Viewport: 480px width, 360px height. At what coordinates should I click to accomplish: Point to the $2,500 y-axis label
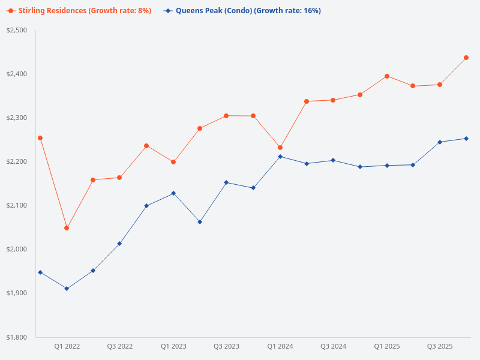coord(17,30)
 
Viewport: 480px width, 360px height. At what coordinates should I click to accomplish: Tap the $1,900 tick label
coord(17,293)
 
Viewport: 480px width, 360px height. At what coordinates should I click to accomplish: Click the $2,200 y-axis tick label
coord(17,161)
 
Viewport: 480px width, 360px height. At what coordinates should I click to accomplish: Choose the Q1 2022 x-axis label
coord(67,346)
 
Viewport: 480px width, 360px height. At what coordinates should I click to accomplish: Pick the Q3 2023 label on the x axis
coord(226,346)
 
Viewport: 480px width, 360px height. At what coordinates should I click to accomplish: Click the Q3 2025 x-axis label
coord(440,346)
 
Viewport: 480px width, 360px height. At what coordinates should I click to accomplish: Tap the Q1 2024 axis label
coord(280,346)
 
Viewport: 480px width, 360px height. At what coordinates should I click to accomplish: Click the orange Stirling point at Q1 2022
coord(67,228)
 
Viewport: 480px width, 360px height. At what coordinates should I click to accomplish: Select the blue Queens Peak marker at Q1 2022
coord(67,289)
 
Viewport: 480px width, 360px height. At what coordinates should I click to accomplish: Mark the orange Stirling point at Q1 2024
coord(280,148)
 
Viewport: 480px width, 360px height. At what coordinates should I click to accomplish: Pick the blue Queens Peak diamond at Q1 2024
coord(280,157)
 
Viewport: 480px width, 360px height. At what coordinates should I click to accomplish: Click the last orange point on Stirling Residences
coord(466,58)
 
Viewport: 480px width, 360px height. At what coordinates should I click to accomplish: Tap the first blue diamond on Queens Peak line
coord(40,272)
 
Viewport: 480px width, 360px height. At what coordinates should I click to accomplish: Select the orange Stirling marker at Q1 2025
coord(387,76)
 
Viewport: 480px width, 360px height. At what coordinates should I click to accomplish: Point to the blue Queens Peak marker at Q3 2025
coord(440,142)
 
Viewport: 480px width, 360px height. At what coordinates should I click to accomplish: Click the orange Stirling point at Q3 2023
coord(226,116)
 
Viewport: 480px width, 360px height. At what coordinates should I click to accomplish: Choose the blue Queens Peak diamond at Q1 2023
coord(173,193)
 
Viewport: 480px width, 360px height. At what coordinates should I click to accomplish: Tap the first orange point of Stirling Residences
coord(40,138)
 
